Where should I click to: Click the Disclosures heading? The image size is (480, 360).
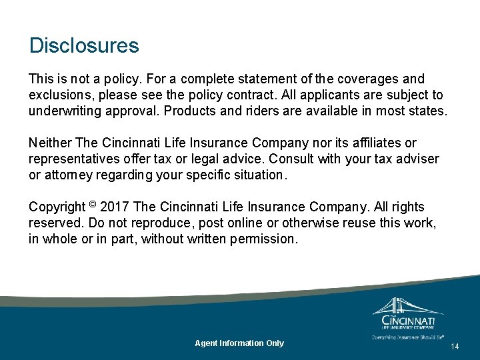(x=84, y=46)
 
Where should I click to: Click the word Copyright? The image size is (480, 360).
(x=57, y=207)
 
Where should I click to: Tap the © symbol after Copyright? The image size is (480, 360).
(x=92, y=205)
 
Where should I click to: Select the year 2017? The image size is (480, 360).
(x=115, y=207)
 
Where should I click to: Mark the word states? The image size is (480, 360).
(x=427, y=111)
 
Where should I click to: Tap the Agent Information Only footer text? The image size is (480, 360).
(x=239, y=343)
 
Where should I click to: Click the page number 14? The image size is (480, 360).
(x=455, y=347)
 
